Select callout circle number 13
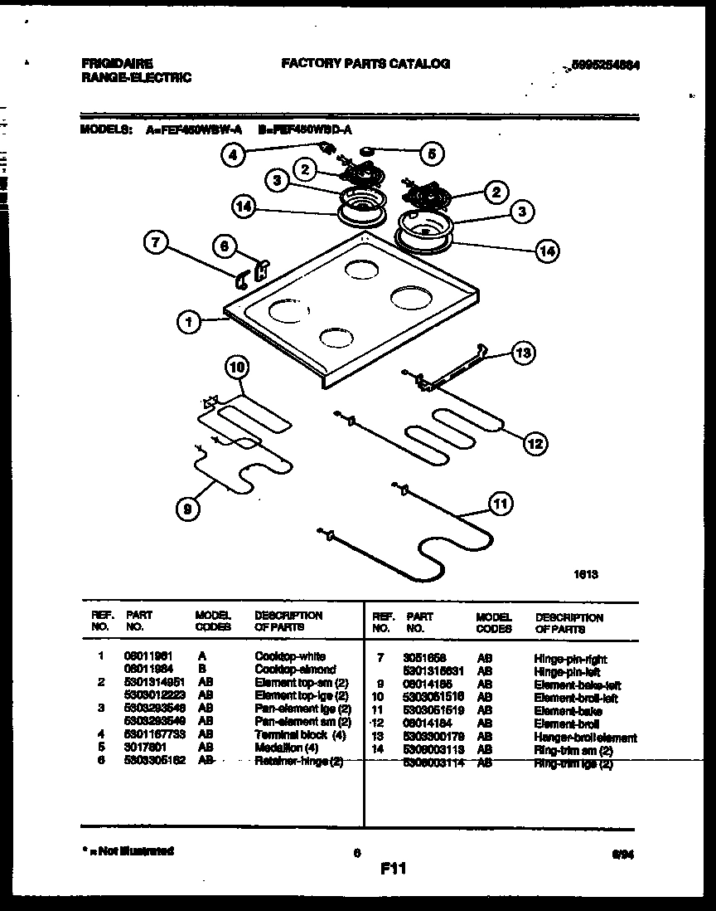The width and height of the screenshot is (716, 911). [522, 353]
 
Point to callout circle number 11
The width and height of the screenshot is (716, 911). [500, 504]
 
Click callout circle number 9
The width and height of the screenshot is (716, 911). [188, 512]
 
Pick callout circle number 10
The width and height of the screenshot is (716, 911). [237, 367]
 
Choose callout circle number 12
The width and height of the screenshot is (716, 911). [535, 444]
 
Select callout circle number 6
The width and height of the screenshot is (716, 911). [221, 246]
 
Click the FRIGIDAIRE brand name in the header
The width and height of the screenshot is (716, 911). [116, 63]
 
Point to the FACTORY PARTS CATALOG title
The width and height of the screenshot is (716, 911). [365, 63]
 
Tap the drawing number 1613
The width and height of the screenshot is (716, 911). [586, 573]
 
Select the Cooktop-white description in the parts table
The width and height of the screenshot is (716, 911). [289, 656]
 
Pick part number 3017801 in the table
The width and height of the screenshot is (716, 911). [143, 748]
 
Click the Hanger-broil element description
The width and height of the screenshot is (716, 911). [585, 738]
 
